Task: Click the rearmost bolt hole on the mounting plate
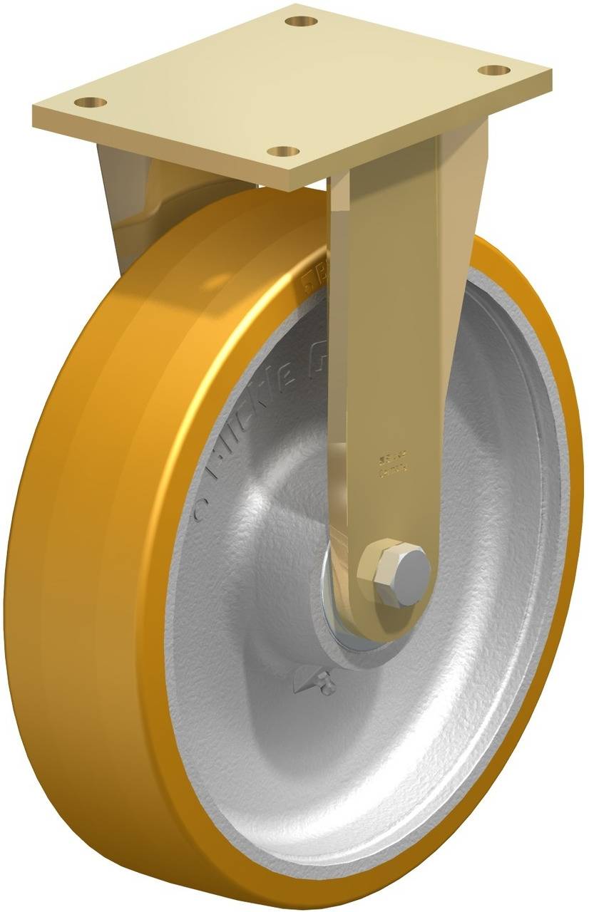pyautogui.click(x=301, y=21)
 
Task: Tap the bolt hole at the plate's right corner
pyautogui.click(x=493, y=70)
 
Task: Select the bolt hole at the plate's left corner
pyautogui.click(x=91, y=102)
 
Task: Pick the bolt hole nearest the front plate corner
pyautogui.click(x=285, y=151)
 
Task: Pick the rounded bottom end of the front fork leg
pyautogui.click(x=371, y=613)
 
